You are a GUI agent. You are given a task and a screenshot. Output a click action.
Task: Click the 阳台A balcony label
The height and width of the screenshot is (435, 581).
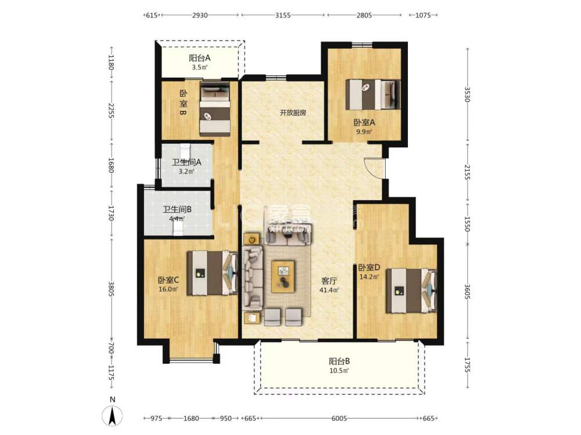pos(199,58)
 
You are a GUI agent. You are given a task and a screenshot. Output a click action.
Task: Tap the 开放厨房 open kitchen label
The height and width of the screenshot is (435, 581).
pos(292,113)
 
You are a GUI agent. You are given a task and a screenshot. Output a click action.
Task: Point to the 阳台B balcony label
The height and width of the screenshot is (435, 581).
pos(339,361)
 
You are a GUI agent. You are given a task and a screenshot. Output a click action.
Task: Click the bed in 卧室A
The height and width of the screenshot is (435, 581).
pos(372,94)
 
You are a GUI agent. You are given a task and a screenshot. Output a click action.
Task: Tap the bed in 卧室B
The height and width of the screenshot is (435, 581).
pos(214,109)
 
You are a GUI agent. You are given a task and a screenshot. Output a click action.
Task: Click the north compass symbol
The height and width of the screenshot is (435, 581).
pos(113,415)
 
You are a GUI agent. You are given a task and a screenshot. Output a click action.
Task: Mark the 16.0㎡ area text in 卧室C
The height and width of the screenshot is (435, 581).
pos(168,289)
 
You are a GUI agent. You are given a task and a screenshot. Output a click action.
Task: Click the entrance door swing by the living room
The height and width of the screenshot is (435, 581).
pos(375,168)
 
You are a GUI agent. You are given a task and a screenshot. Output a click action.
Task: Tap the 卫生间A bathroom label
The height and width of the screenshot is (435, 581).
pos(187,162)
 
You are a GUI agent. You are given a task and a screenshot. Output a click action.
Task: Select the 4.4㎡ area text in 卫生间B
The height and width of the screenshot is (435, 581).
pos(177,219)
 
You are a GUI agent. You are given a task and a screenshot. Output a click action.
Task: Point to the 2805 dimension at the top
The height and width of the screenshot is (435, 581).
pos(364,16)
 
